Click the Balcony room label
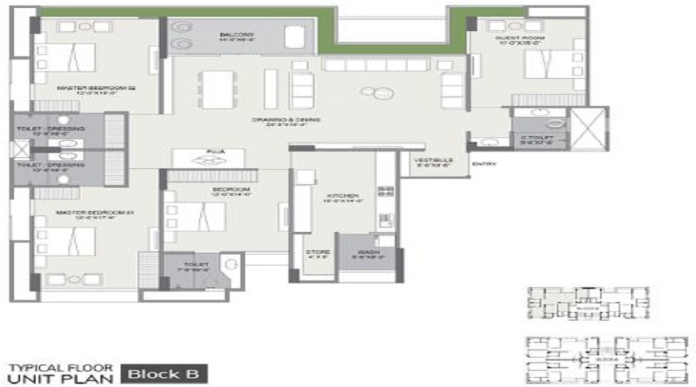tap(237, 36)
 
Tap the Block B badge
tap(163, 374)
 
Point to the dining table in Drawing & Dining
tap(218, 88)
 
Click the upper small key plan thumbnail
tap(588, 303)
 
